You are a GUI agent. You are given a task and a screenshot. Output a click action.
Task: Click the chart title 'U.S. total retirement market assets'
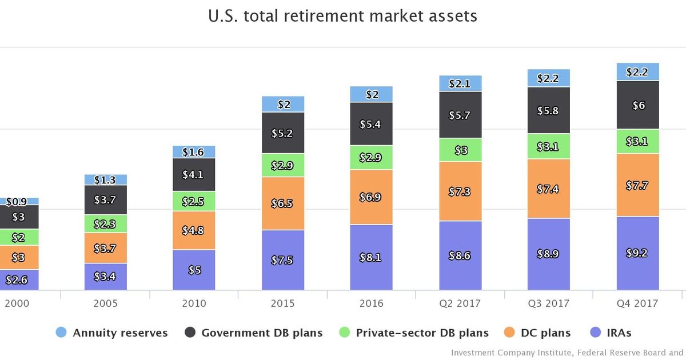click(x=343, y=16)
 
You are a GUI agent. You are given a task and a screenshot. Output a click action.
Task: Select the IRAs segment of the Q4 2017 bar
click(x=637, y=253)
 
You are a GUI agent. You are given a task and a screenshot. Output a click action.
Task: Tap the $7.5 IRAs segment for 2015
click(x=283, y=260)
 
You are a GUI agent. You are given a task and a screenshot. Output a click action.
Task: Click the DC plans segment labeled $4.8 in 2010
click(x=194, y=230)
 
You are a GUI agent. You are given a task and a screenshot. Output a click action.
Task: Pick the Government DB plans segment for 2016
click(x=372, y=124)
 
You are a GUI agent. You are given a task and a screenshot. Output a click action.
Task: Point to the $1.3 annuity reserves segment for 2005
click(x=106, y=180)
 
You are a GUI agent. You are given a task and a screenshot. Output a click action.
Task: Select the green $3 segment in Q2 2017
click(x=460, y=150)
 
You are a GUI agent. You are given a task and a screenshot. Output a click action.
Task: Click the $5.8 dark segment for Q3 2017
click(x=549, y=111)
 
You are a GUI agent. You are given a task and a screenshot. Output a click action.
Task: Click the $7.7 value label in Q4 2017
click(x=637, y=185)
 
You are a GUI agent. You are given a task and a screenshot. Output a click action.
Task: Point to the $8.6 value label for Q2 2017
click(x=460, y=256)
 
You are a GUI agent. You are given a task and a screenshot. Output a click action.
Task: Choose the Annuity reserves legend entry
click(x=112, y=333)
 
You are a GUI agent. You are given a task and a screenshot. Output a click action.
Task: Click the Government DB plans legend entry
click(x=254, y=333)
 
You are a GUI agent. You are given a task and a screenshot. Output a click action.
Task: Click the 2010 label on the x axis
click(x=194, y=303)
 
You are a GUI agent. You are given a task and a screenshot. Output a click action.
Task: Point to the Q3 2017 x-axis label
click(x=549, y=303)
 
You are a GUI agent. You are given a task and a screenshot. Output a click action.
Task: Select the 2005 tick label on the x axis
click(x=106, y=303)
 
